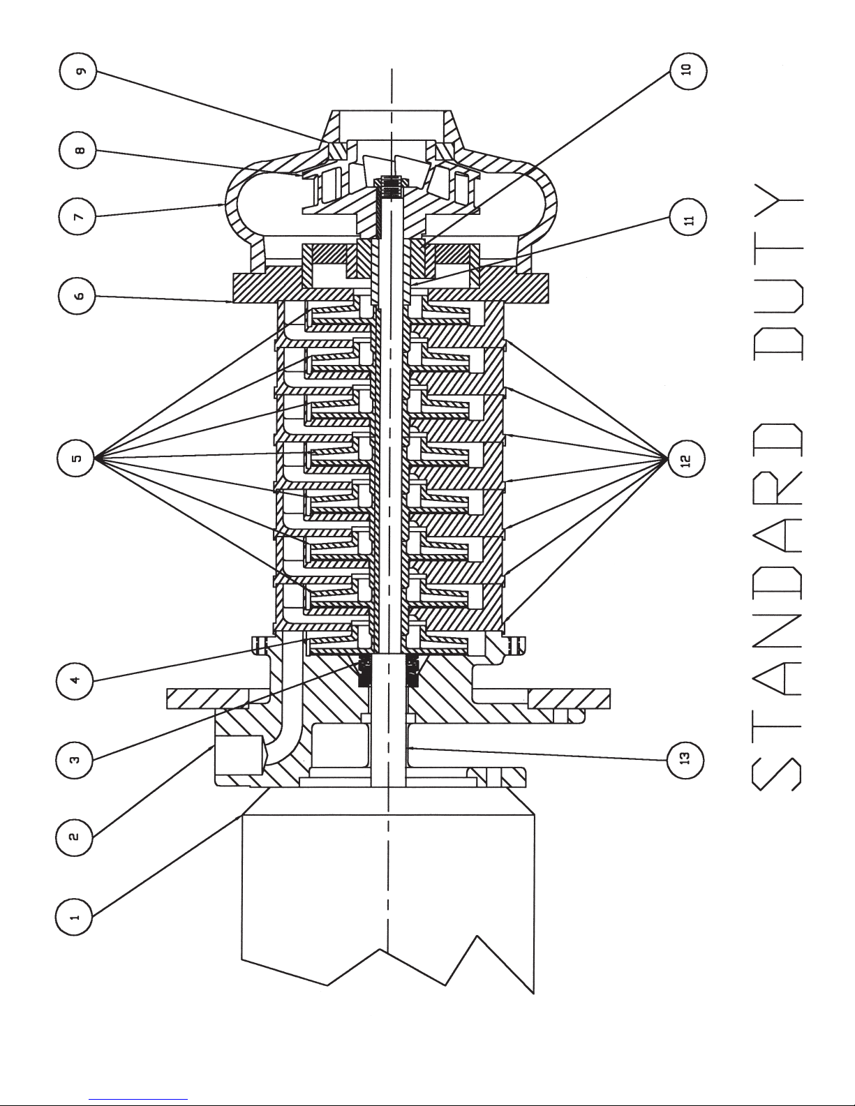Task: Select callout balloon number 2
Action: point(74,836)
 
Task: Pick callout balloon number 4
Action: point(75,680)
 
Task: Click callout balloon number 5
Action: point(76,458)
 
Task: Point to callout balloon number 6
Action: point(77,295)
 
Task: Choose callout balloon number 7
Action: point(77,216)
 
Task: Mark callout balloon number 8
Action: point(77,150)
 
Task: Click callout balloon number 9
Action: point(78,71)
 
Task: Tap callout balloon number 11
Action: point(688,217)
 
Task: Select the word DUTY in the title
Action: point(777,272)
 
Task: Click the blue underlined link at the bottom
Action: point(138,1099)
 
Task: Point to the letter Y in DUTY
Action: point(777,200)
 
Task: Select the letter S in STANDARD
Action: point(777,774)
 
